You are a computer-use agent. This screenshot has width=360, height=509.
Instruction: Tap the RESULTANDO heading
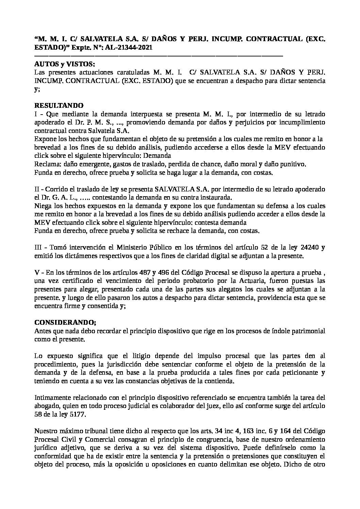coord(59,105)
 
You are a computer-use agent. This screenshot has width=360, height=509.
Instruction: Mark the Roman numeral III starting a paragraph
coord(39,247)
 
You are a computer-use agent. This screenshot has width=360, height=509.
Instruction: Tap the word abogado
coord(46,406)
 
